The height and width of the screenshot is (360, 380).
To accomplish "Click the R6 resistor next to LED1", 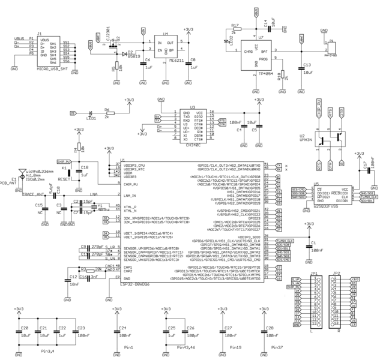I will click(x=107, y=112).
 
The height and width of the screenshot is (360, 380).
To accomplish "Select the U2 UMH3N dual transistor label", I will click(x=307, y=137).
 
